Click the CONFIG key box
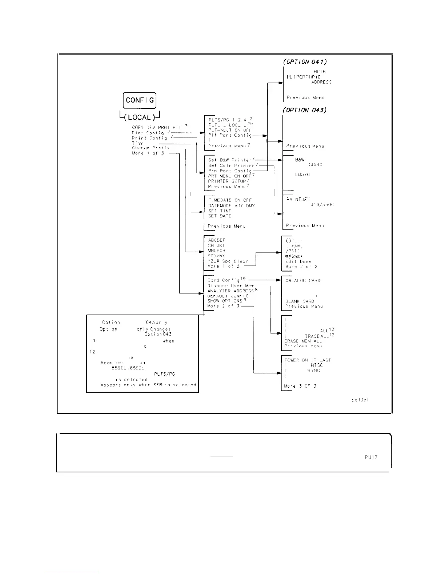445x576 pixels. [x=140, y=100]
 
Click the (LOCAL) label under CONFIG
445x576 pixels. [x=140, y=117]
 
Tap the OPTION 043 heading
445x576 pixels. [x=304, y=110]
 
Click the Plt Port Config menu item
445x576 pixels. [x=230, y=135]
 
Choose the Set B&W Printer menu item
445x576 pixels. [x=231, y=160]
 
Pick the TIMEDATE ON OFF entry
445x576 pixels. [x=230, y=200]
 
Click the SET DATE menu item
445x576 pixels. [x=220, y=216]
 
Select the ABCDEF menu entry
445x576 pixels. [x=217, y=240]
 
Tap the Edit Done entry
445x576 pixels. [x=298, y=261]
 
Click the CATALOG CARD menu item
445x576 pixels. [x=303, y=281]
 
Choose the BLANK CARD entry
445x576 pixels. [x=300, y=301]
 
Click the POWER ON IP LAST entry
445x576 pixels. [x=308, y=360]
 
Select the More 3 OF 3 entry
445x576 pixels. [x=300, y=386]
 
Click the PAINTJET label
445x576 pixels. [x=298, y=199]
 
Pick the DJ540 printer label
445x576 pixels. [x=314, y=165]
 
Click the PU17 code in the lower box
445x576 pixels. [x=371, y=457]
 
